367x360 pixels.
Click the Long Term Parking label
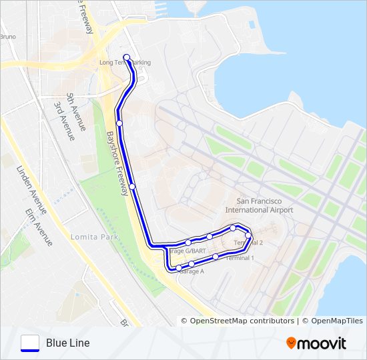pyautogui.click(x=125, y=63)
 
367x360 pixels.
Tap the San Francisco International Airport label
pyautogui.click(x=265, y=205)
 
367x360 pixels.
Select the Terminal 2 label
pyautogui.click(x=250, y=243)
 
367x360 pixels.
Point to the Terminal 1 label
pyautogui.click(x=240, y=257)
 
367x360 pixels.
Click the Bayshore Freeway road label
pyautogui.click(x=117, y=163)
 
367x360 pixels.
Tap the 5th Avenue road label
pyautogui.click(x=77, y=112)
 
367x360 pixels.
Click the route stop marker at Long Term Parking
pyautogui.click(x=126, y=57)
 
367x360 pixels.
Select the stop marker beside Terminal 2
pyautogui.click(x=248, y=235)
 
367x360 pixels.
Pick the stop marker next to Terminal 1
pyautogui.click(x=216, y=256)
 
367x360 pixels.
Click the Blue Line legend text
pyautogui.click(x=68, y=343)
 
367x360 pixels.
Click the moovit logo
pyautogui.click(x=316, y=343)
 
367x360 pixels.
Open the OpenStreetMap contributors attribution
pyautogui.click(x=242, y=321)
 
